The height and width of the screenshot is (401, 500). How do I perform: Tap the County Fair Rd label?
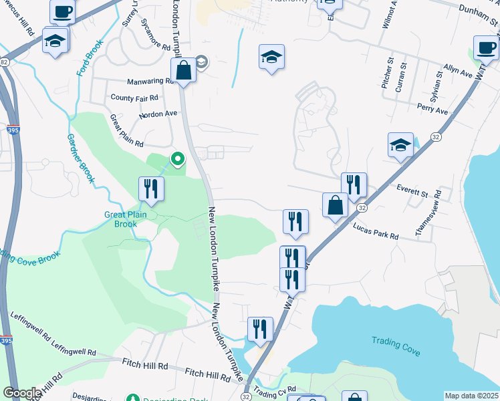(x=134, y=98)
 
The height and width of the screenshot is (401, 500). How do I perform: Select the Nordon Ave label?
(x=158, y=114)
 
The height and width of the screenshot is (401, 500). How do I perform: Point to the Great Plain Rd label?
(x=126, y=130)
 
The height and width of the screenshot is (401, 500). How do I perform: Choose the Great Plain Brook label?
(x=120, y=219)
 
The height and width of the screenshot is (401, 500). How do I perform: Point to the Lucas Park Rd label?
(x=375, y=232)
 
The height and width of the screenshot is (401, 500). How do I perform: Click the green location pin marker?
(x=178, y=159)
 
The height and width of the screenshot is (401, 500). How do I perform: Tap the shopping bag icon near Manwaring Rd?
(x=183, y=70)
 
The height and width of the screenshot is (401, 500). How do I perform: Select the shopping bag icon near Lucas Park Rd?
(x=335, y=205)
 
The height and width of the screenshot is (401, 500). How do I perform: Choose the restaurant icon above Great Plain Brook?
(x=151, y=189)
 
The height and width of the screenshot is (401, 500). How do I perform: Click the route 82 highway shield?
(x=5, y=62)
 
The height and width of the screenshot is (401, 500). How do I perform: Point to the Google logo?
(x=22, y=393)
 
